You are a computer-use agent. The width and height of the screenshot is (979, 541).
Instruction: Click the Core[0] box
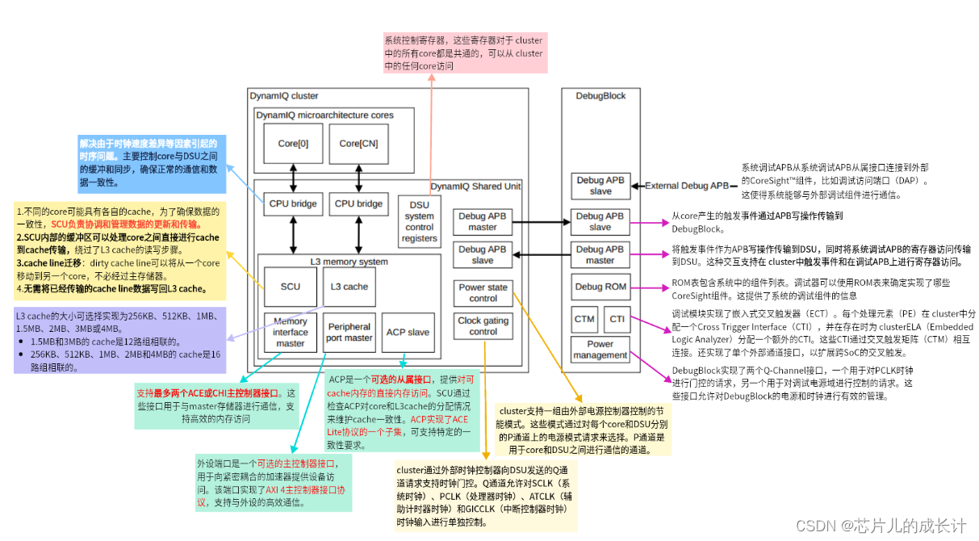(x=293, y=143)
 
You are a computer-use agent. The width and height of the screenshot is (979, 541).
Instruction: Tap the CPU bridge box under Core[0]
(x=292, y=204)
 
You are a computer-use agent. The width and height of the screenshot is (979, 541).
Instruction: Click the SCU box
(x=291, y=287)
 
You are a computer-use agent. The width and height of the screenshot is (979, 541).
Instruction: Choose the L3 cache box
(x=349, y=287)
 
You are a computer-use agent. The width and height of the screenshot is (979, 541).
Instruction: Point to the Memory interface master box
(x=291, y=332)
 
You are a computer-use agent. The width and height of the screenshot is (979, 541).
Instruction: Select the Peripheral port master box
(x=349, y=332)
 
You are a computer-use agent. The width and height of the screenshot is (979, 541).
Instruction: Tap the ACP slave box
(x=408, y=332)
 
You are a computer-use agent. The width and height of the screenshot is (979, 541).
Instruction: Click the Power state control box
(x=483, y=293)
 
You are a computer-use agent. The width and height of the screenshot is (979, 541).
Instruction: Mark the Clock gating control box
(x=483, y=326)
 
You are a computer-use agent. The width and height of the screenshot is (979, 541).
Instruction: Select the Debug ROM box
(x=600, y=287)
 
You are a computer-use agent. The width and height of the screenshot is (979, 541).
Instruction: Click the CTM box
(x=584, y=319)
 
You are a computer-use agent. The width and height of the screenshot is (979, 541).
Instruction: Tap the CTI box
(x=617, y=319)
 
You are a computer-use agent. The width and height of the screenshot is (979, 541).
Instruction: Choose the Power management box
(x=600, y=350)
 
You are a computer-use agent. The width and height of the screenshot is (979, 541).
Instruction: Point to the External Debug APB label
(x=686, y=186)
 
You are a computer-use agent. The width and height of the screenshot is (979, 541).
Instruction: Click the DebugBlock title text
(x=600, y=96)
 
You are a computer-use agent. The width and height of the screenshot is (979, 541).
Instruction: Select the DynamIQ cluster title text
(x=283, y=96)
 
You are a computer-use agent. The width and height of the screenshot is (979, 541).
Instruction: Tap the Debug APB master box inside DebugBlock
(x=600, y=255)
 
